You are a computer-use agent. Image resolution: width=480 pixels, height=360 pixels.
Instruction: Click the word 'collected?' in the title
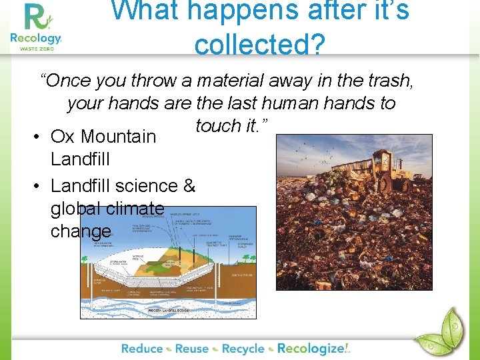tap(259, 45)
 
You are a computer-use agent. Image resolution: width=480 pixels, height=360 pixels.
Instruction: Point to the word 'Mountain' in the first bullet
tap(118, 137)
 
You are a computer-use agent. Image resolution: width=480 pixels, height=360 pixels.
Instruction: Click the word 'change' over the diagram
tap(81, 231)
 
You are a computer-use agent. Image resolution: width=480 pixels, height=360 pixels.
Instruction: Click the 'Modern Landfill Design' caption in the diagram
tap(167, 310)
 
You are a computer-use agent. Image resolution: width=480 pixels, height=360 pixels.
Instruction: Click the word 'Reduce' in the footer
tap(142, 348)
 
